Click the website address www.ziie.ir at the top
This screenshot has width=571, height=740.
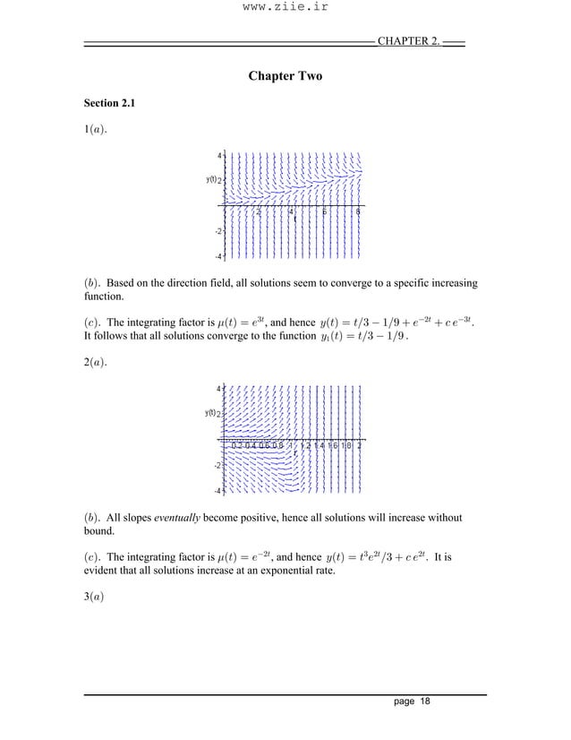[285, 13]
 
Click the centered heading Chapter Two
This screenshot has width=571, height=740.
[285, 77]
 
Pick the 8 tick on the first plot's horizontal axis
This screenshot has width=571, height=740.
[358, 212]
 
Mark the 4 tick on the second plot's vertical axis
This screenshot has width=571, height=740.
[218, 388]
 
